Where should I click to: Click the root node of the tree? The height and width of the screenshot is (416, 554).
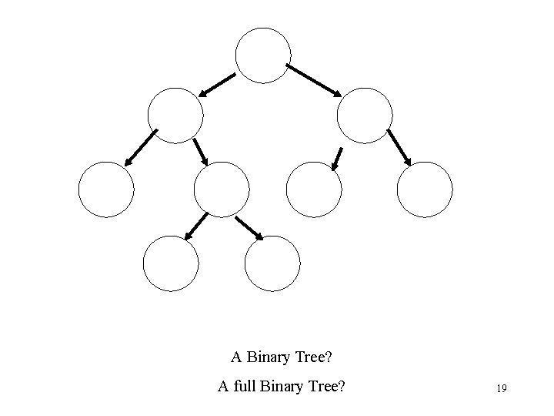click(x=263, y=55)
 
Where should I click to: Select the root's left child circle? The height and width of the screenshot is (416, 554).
click(x=175, y=116)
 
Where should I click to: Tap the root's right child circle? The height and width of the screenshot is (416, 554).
click(x=365, y=116)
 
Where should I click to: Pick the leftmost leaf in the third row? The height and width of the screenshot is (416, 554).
click(x=106, y=190)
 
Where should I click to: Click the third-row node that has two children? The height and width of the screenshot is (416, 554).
click(x=222, y=190)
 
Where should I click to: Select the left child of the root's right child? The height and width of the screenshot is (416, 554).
click(x=313, y=190)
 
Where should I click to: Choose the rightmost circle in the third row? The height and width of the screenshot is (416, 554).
click(x=425, y=190)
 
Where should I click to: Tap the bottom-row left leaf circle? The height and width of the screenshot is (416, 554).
click(x=171, y=263)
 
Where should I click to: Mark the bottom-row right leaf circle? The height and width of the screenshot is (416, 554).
click(x=272, y=263)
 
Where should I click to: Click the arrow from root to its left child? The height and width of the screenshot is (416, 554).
click(x=218, y=84)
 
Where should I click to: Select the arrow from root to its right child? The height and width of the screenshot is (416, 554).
click(x=314, y=79)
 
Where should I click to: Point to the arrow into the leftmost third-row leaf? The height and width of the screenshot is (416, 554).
click(x=141, y=147)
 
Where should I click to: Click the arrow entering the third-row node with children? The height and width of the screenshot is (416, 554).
click(x=201, y=151)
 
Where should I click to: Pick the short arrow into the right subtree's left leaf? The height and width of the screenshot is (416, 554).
click(x=336, y=158)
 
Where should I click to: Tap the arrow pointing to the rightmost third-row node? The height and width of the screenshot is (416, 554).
click(x=399, y=147)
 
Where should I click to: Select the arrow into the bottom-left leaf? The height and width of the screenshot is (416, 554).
click(x=197, y=224)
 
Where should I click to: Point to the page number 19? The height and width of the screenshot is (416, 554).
click(x=501, y=388)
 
